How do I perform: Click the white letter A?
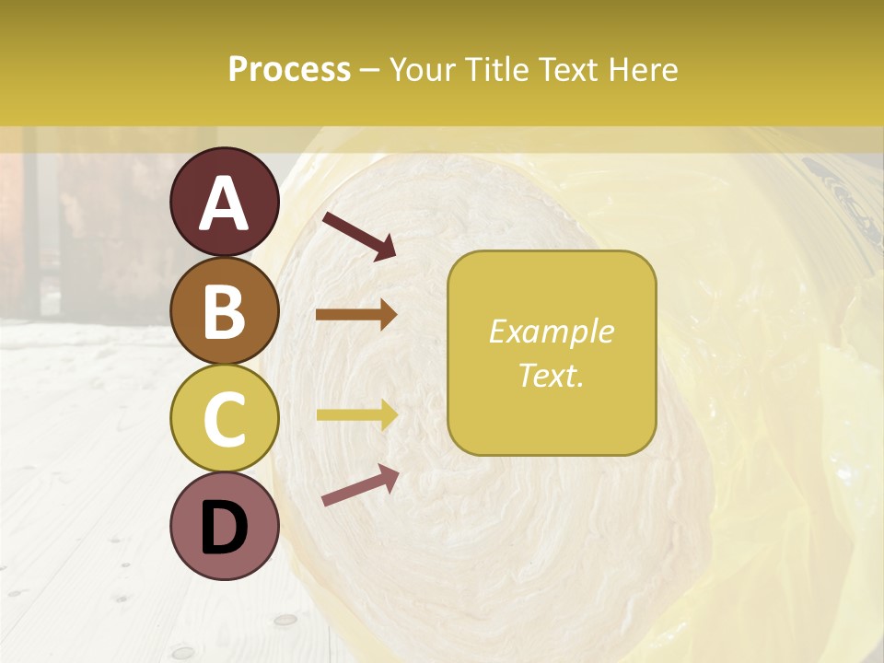(224, 204)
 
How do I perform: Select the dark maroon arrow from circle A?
(358, 236)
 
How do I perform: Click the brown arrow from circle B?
(355, 315)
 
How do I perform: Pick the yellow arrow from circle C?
(355, 415)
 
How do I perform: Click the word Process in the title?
(289, 69)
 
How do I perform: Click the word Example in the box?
(551, 331)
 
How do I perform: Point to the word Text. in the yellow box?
(551, 376)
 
